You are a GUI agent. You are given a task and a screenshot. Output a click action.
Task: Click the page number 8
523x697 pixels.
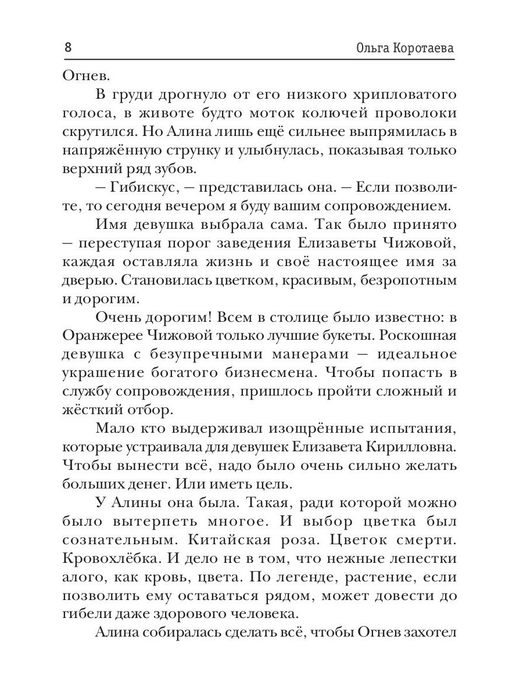click(68, 47)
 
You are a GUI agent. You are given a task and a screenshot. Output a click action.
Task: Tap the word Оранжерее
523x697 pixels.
click(101, 338)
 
